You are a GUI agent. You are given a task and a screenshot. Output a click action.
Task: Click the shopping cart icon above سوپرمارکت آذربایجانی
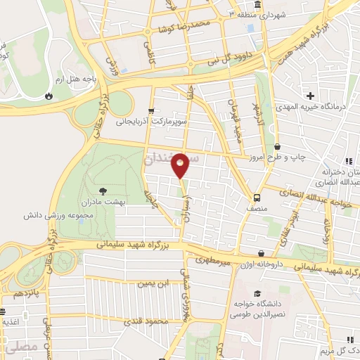tap(151, 111)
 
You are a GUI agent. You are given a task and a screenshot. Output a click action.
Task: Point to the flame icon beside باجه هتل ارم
tap(49, 97)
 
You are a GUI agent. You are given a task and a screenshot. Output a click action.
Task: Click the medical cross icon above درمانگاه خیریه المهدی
tap(309, 95)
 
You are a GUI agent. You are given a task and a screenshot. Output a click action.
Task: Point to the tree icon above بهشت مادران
tap(104, 191)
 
